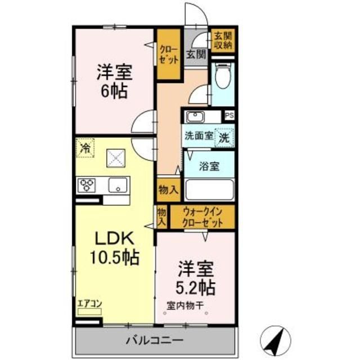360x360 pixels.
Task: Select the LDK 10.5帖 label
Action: [116, 247]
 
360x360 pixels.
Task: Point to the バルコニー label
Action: [153, 340]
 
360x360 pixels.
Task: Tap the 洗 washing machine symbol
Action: [224, 136]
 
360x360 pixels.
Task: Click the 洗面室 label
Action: [198, 136]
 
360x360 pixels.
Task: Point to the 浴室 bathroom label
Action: [209, 166]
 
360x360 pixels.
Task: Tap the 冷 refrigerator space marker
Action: [85, 149]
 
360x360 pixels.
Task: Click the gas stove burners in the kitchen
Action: [88, 184]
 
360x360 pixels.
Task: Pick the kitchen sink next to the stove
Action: [118, 184]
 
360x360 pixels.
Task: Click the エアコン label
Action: [89, 304]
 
